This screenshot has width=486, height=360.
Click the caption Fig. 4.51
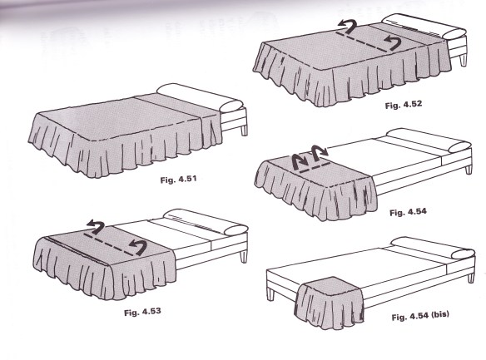(179, 180)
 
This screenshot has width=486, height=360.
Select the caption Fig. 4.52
(404, 105)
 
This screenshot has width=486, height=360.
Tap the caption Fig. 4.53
(142, 312)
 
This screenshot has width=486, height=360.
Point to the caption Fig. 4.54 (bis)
(420, 316)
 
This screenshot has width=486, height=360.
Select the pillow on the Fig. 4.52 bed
(424, 27)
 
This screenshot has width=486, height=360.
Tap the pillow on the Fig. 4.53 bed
(206, 222)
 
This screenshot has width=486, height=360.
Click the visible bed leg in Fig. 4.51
(244, 130)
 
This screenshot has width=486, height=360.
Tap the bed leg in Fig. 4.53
(244, 257)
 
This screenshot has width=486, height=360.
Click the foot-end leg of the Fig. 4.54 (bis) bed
(270, 294)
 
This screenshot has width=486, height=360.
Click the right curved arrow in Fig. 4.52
(393, 42)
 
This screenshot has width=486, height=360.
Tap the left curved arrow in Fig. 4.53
(96, 227)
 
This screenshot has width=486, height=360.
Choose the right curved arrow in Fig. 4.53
(138, 247)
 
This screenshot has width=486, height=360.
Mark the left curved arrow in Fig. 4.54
(299, 162)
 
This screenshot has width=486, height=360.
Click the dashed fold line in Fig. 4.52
(363, 42)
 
